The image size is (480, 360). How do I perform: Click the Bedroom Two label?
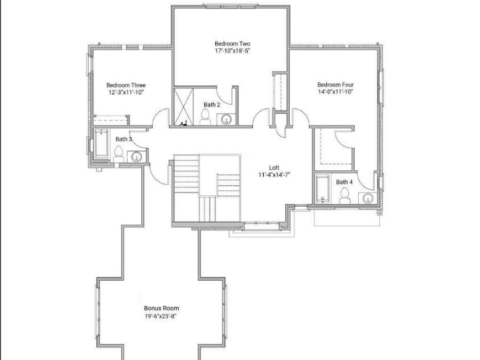232,44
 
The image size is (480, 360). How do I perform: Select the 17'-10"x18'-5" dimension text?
232,51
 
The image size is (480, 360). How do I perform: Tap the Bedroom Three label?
126,85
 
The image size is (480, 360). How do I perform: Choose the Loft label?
274,167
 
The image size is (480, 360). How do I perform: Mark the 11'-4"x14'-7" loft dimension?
274,175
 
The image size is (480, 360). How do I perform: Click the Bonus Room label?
161,308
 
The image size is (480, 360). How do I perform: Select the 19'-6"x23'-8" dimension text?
161,316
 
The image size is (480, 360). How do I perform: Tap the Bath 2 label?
212,105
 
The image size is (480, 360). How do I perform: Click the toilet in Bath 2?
206,117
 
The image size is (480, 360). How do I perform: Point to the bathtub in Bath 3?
102,145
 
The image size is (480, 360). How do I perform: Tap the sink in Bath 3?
137,157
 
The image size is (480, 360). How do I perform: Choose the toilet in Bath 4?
344,195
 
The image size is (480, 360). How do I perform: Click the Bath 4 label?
344,182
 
